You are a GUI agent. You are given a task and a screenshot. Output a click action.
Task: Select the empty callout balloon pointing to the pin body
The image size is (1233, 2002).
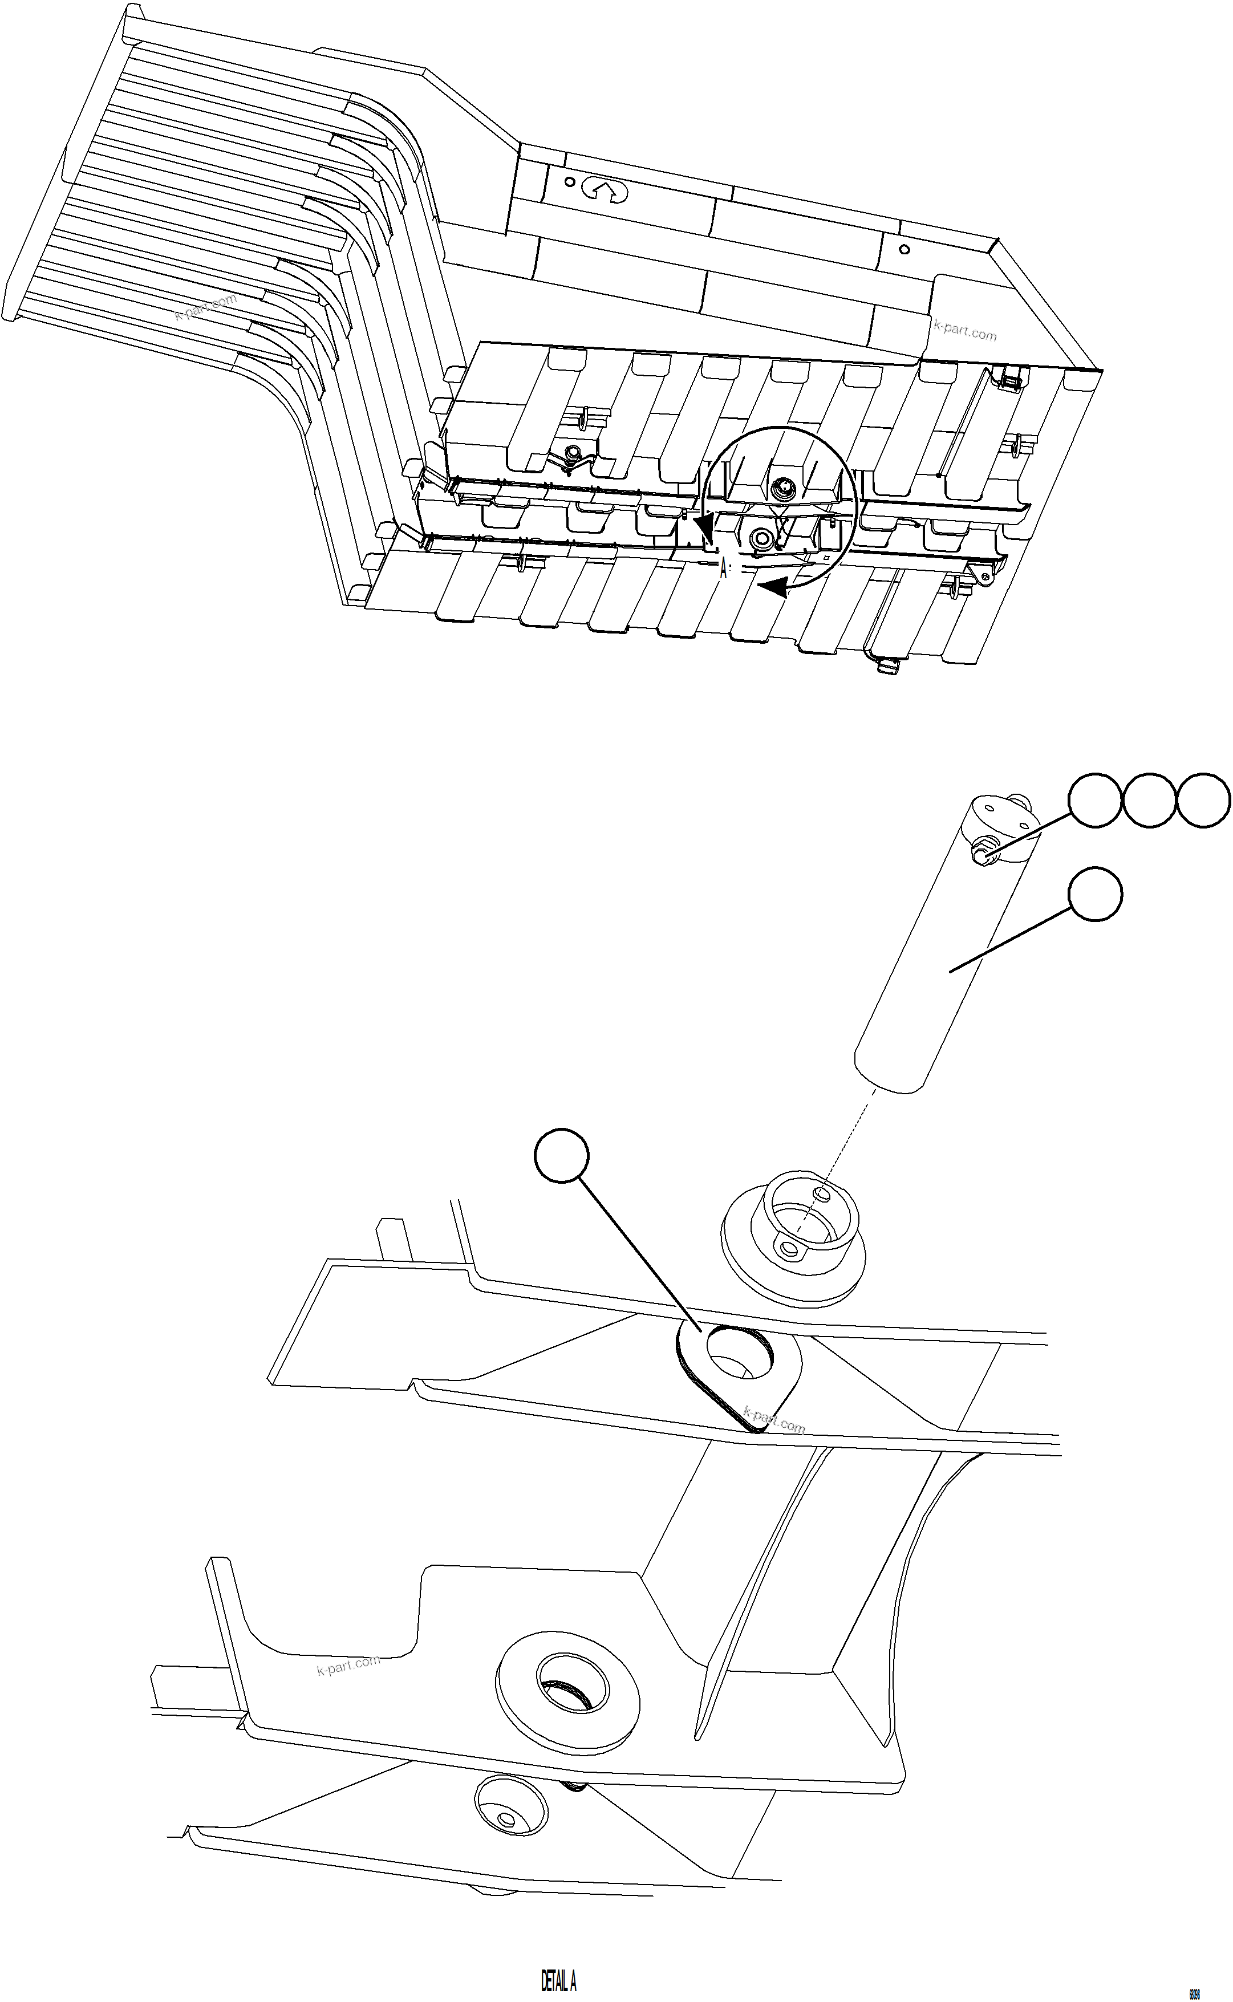pyautogui.click(x=1094, y=895)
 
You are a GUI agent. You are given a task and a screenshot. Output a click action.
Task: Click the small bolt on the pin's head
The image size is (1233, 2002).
pyautogui.click(x=980, y=854)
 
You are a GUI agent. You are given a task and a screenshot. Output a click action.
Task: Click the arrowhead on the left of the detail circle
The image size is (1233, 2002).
pyautogui.click(x=704, y=527)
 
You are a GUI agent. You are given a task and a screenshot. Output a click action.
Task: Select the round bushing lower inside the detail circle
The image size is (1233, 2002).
pyautogui.click(x=763, y=538)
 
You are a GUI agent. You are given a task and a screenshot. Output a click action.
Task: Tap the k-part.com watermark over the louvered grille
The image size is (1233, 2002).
pyautogui.click(x=205, y=307)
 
